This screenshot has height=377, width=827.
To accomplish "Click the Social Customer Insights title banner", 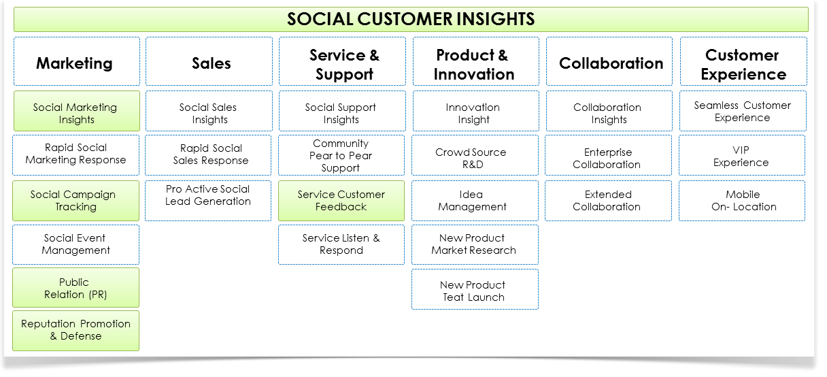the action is click(x=411, y=19).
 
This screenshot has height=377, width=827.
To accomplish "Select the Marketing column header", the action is click(x=77, y=61).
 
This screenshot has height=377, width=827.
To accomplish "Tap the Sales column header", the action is click(x=209, y=61).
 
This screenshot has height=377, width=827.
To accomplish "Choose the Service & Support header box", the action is click(x=342, y=61).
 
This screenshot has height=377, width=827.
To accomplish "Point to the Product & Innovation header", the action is click(x=476, y=61).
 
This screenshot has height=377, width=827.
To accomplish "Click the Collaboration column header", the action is click(x=609, y=61).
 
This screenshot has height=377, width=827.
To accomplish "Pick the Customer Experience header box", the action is click(x=743, y=61).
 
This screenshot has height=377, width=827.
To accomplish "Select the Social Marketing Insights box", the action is click(x=77, y=111).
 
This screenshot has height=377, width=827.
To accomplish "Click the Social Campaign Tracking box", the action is click(x=75, y=201).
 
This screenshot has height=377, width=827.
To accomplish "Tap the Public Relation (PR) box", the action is click(x=75, y=288).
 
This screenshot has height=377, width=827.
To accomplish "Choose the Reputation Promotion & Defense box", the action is click(x=75, y=331).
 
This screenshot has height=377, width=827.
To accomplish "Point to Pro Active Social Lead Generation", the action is click(x=208, y=201).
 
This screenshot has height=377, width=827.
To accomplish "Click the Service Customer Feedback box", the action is click(x=341, y=201).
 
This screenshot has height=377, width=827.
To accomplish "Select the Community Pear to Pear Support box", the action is click(x=341, y=155).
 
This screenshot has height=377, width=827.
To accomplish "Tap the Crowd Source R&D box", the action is click(x=475, y=155).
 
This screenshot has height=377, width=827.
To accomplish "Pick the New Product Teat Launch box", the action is click(x=475, y=289).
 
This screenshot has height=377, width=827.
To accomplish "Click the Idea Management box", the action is click(x=475, y=201).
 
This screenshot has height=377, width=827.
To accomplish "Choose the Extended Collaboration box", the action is click(x=609, y=201).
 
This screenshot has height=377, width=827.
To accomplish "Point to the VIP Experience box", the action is click(x=742, y=155).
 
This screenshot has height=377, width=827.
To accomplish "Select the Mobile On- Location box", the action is click(x=742, y=201).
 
